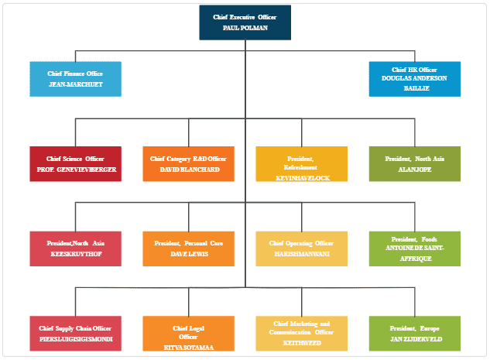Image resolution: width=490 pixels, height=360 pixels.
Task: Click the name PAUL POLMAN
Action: pyautogui.click(x=245, y=27)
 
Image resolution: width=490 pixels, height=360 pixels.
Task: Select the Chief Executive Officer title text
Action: pyautogui.click(x=245, y=16)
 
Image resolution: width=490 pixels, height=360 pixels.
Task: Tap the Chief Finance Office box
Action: pyautogui.click(x=75, y=79)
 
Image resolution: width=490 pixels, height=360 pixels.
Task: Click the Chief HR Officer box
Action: pyautogui.click(x=415, y=79)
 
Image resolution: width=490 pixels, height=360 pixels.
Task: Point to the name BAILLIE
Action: pyautogui.click(x=415, y=88)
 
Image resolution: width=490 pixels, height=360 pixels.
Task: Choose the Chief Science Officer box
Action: pyautogui.click(x=75, y=163)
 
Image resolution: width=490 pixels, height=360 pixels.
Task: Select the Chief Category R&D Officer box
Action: pyautogui.click(x=189, y=163)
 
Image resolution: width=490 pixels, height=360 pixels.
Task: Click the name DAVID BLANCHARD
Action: pyautogui.click(x=189, y=169)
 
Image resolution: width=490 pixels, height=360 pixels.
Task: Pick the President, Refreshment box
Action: pyautogui.click(x=302, y=163)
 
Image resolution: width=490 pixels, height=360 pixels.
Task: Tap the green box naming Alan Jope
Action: pyautogui.click(x=415, y=163)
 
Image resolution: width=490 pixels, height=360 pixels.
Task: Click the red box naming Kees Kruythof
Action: pyautogui.click(x=75, y=248)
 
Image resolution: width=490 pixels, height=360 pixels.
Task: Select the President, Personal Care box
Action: pyautogui.click(x=189, y=248)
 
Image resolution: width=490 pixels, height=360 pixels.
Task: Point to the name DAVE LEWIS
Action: pyautogui.click(x=189, y=253)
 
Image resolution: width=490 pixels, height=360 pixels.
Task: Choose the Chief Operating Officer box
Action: pyautogui.click(x=302, y=248)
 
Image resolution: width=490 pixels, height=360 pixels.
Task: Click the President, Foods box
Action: pyautogui.click(x=415, y=248)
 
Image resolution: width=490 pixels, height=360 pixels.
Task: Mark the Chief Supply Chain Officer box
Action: pyautogui.click(x=75, y=333)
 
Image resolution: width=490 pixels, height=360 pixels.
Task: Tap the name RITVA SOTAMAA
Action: pyautogui.click(x=189, y=346)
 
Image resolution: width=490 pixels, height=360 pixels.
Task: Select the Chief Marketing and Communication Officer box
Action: pyautogui.click(x=302, y=333)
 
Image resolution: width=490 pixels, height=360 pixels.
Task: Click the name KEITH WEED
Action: pyautogui.click(x=302, y=342)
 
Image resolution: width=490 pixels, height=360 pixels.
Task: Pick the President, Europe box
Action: pyautogui.click(x=415, y=333)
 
